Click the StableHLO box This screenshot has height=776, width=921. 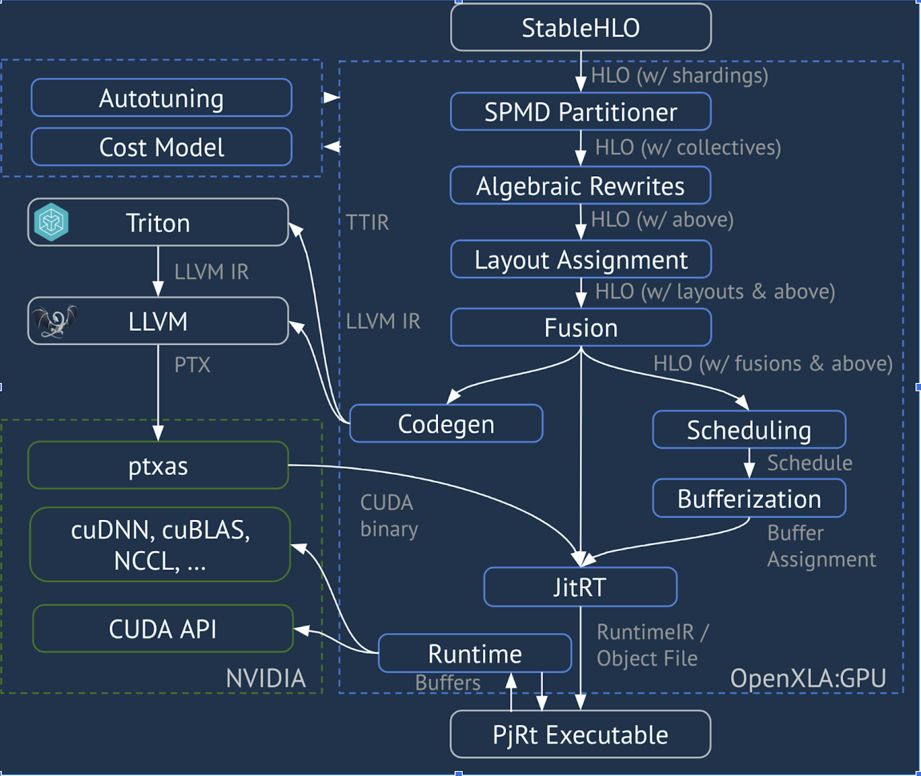click(581, 28)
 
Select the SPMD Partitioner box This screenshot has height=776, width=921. click(581, 112)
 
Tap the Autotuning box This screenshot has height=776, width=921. click(161, 98)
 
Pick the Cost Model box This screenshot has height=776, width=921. click(161, 147)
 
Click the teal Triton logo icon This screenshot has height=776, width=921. click(51, 222)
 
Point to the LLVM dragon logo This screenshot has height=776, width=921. click(55, 321)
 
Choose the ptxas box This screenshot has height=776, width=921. click(158, 466)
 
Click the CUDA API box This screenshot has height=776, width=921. click(163, 629)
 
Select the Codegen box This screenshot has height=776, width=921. click(446, 424)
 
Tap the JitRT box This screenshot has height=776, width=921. click(580, 587)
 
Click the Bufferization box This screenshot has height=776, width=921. click(749, 499)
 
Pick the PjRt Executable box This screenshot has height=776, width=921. click(580, 735)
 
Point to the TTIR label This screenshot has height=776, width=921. click(367, 222)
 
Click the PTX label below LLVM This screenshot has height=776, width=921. click(192, 365)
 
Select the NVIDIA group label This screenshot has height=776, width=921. click(265, 678)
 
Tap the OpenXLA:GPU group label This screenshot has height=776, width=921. click(808, 678)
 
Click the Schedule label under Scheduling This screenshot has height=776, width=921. click(809, 463)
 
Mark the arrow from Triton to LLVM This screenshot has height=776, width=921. click(158, 271)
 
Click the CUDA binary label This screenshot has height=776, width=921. click(389, 516)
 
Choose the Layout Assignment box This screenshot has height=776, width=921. click(581, 260)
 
